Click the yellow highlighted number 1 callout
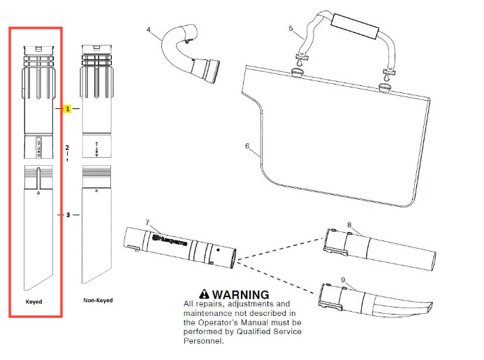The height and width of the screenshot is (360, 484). coord(68,110)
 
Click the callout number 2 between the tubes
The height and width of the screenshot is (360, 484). coord(68,147)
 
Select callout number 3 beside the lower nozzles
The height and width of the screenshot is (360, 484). coord(68,215)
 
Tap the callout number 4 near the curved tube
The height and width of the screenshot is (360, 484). coord(149,29)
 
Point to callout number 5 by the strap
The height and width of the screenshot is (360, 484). coord(291,29)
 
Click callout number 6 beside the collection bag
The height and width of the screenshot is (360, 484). coord(247,146)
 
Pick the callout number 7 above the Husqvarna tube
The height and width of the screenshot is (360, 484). coord(147,222)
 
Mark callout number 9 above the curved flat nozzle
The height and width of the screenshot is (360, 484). coord(343,280)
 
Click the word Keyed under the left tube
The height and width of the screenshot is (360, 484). coord(35,301)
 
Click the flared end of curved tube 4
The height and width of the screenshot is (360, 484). coord(210,70)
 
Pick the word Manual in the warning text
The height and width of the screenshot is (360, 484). coord(272,323)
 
